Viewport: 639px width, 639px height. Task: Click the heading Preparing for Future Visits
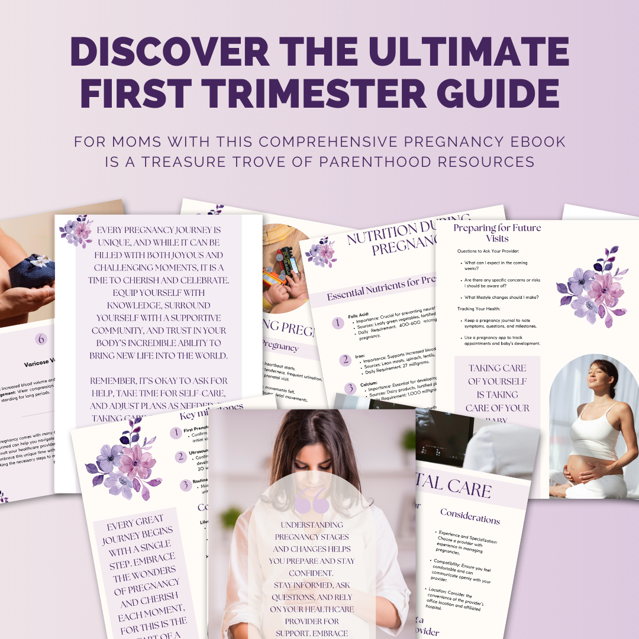497,233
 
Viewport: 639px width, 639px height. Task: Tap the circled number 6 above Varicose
41,339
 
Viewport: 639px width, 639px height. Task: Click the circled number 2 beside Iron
345,360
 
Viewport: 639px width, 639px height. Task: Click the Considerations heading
470,516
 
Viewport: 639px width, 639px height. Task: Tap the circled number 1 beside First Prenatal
176,433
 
